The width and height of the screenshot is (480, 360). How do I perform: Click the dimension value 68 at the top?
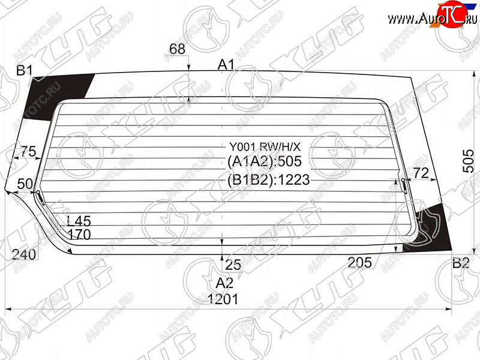pos(177,49)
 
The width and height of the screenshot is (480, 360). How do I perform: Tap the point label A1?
pos(226,65)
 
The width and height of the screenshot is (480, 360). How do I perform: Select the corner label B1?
pos(24,71)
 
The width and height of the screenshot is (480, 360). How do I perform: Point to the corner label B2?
pos(461,263)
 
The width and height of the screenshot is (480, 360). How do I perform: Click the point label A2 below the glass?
pos(224,283)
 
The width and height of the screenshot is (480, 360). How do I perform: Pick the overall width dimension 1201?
pos(223,299)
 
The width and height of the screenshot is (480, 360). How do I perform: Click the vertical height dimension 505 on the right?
pos(469,161)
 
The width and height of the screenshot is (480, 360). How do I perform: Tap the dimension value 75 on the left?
pos(28,151)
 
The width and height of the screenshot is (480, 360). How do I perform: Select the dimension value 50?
pos(25,184)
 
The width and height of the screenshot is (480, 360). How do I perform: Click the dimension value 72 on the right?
pos(421,173)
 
